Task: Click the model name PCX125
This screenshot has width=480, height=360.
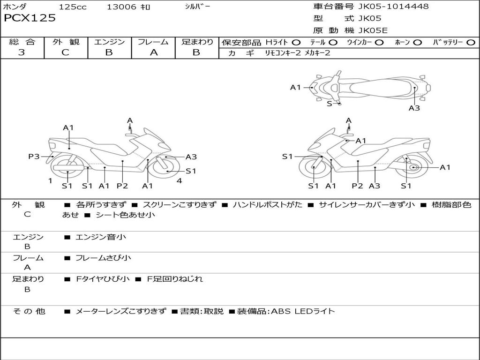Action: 30,18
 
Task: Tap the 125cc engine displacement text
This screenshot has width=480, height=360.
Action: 73,7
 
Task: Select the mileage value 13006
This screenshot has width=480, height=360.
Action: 121,7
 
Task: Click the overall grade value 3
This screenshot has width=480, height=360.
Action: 22,52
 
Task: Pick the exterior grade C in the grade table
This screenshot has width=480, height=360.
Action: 65,52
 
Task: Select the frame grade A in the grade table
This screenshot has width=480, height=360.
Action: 153,52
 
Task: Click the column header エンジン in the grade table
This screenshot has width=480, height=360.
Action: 109,42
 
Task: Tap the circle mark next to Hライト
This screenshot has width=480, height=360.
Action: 296,43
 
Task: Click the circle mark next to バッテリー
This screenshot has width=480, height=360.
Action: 471,43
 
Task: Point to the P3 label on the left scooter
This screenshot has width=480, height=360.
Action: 34,157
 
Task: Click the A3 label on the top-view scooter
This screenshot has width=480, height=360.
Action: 414,108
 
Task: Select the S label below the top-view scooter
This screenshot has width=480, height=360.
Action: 329,104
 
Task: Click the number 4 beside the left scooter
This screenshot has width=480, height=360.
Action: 179,181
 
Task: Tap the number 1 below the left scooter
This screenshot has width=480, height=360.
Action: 50,181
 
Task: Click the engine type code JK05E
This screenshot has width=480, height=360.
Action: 373,31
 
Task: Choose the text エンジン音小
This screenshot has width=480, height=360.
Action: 100,237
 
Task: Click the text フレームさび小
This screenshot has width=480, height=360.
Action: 103,258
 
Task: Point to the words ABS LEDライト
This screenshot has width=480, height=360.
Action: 303,311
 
